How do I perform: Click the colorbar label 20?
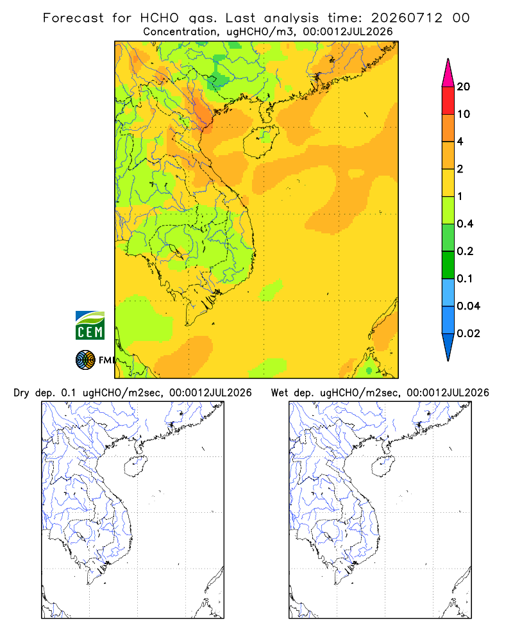(x=463, y=87)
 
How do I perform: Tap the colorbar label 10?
(x=463, y=114)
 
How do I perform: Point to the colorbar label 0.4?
(x=465, y=224)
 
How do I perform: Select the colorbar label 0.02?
(x=468, y=333)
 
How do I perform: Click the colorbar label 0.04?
(x=468, y=306)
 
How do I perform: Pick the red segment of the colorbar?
(x=448, y=101)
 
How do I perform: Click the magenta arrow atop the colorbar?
(x=448, y=73)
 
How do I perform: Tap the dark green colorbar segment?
(x=448, y=265)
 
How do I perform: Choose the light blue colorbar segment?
(x=448, y=292)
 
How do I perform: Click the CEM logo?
(x=90, y=326)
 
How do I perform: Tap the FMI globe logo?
(x=85, y=360)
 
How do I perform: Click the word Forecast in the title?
(x=73, y=18)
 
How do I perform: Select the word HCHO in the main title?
(x=160, y=18)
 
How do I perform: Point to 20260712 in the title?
(x=407, y=18)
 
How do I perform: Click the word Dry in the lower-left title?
(x=22, y=393)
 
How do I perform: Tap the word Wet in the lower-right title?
(x=280, y=393)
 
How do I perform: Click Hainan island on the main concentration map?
(x=261, y=142)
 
